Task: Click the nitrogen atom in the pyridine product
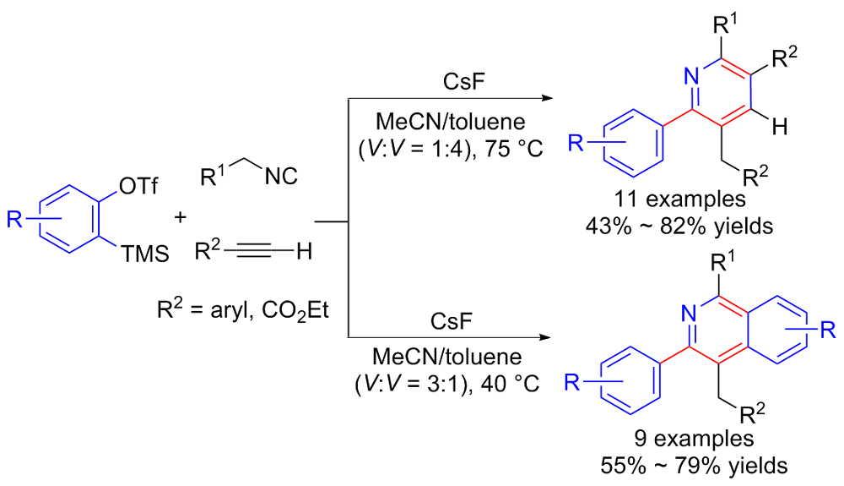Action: pos(690,78)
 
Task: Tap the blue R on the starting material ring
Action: pos(14,219)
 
